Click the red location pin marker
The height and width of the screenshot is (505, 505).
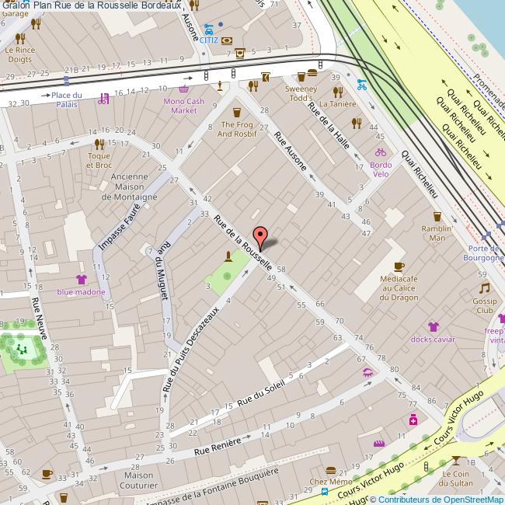tap(262, 236)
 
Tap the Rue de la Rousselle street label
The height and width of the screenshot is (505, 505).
tap(243, 242)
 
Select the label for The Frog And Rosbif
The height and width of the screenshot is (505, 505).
tap(239, 129)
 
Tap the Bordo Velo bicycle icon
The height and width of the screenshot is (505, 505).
tap(381, 152)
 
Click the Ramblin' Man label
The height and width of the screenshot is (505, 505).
tap(437, 233)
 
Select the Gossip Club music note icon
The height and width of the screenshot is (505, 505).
tap(485, 287)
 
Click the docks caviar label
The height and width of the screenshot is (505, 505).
tap(433, 339)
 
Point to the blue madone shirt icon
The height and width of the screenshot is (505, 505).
tap(81, 279)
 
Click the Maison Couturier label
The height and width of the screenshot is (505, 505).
tap(138, 480)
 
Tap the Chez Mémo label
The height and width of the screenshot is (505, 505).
tap(331, 482)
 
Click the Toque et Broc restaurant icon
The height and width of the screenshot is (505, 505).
tap(99, 143)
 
